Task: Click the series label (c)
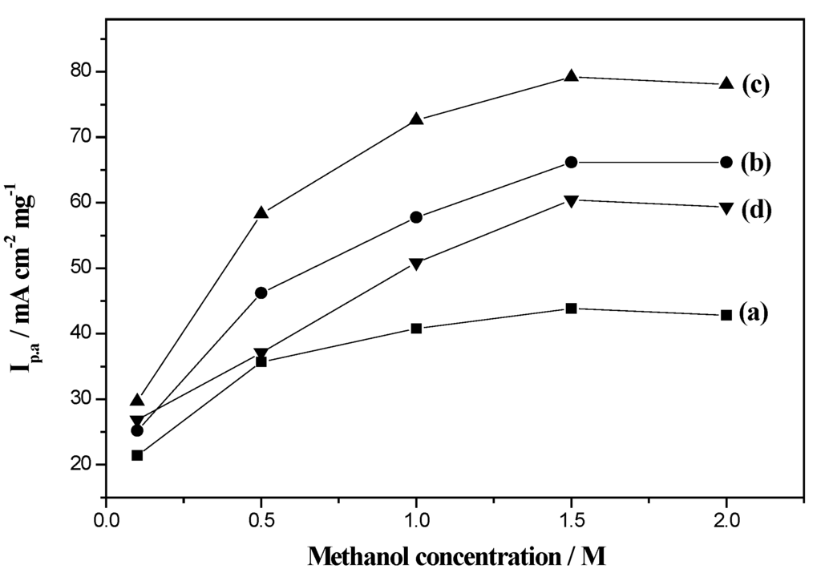756,85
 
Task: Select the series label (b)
756,163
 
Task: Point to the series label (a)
754,312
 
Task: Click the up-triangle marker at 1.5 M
572,76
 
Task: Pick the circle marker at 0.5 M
261,293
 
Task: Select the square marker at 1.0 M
416,329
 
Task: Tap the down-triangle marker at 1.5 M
572,200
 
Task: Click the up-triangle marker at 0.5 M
261,212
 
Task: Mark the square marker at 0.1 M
137,455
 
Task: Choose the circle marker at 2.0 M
726,162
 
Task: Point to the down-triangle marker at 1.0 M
416,264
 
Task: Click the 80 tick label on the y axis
81,72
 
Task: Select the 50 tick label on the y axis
81,268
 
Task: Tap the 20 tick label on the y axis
81,465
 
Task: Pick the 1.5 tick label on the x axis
572,518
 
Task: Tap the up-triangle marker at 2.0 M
726,83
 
